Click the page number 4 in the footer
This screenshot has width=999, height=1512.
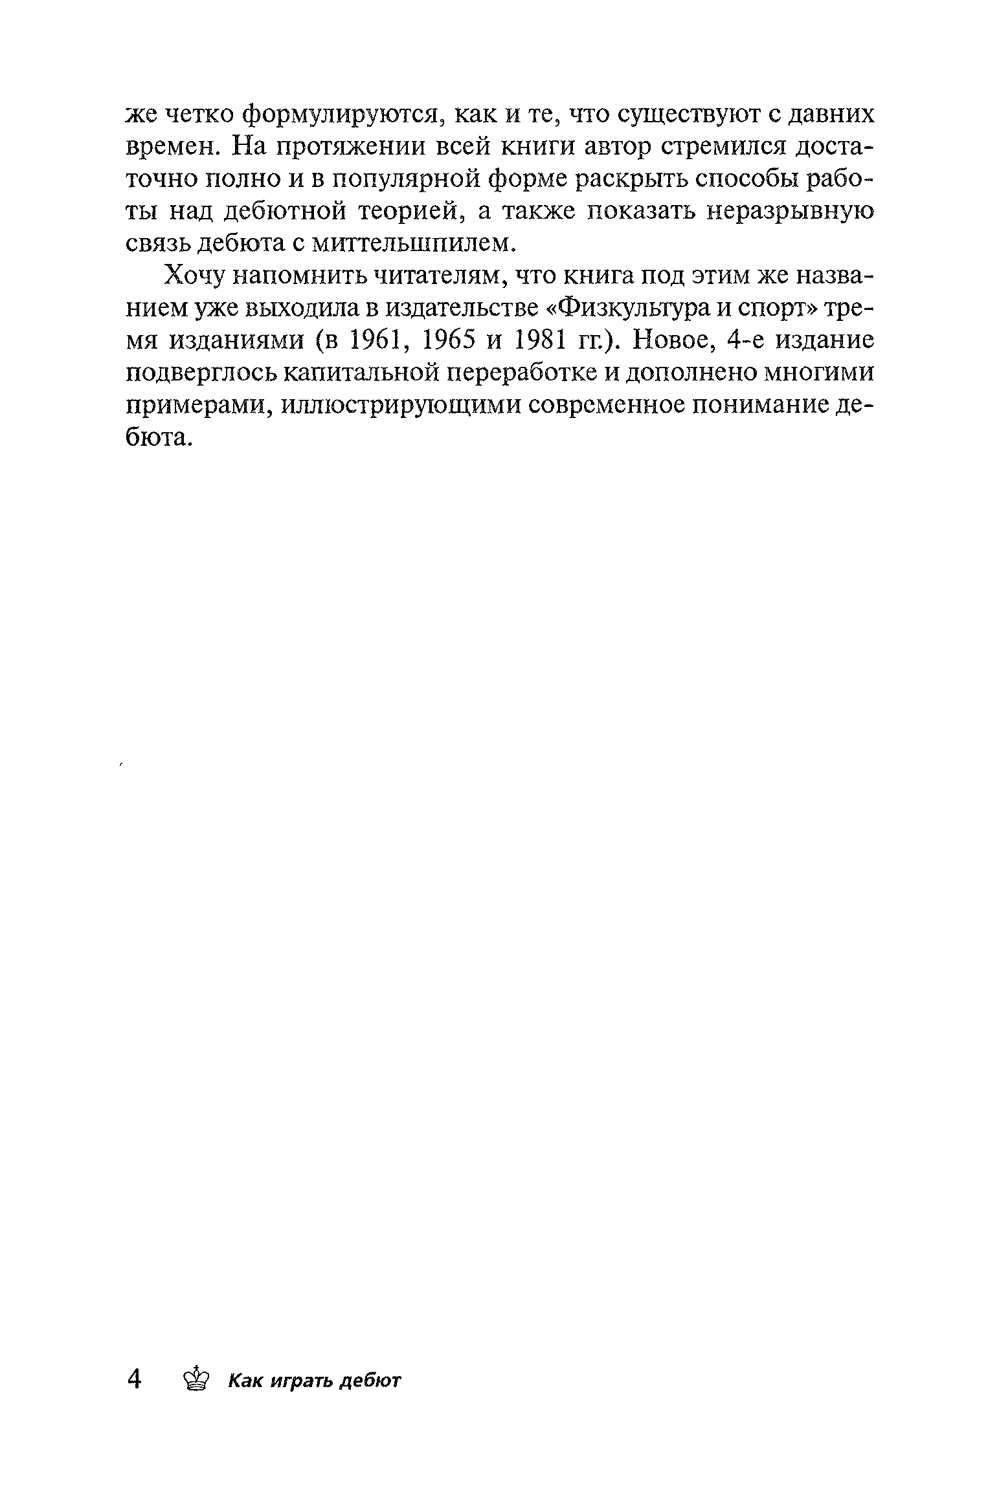pos(135,1379)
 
